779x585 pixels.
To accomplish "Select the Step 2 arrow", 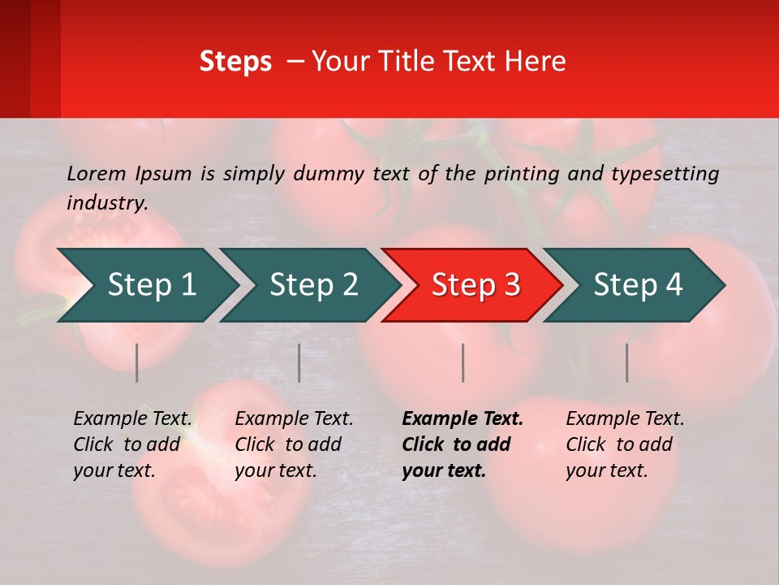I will click(x=313, y=285).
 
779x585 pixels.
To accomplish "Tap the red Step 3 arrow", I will click(x=476, y=285).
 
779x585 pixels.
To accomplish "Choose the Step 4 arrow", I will click(x=638, y=285).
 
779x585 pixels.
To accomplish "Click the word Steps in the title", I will click(x=235, y=62).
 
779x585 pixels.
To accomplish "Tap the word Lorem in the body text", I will click(x=97, y=173).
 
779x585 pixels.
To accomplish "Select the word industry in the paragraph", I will click(x=106, y=203).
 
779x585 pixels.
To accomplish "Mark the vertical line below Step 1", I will click(x=137, y=362).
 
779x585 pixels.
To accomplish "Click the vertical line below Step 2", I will click(x=299, y=362).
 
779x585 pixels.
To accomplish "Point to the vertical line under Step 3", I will click(x=463, y=362).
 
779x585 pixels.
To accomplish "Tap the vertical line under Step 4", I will click(x=627, y=362).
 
